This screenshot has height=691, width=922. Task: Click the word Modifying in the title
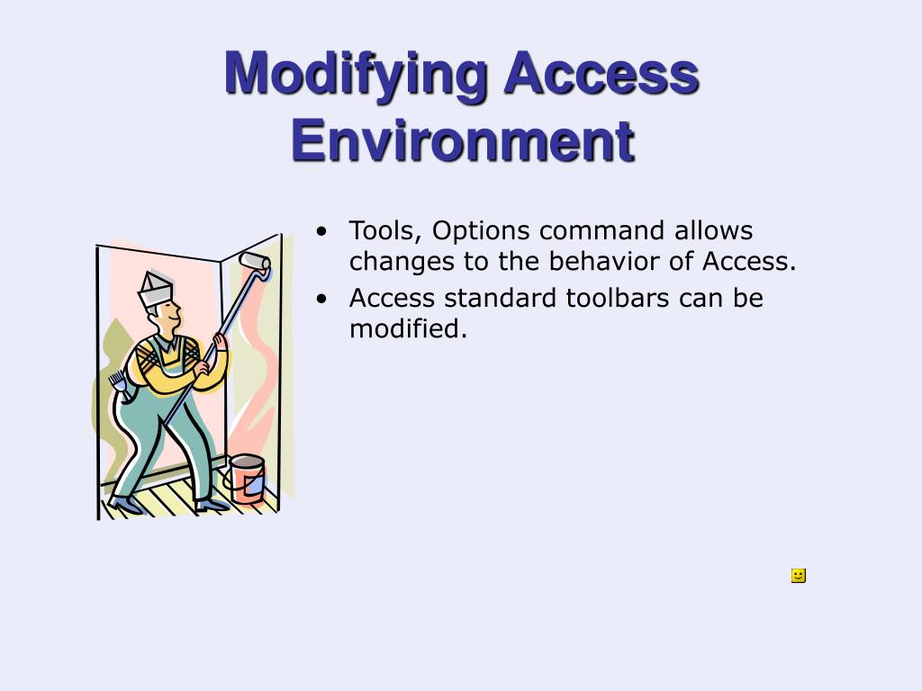[356, 75]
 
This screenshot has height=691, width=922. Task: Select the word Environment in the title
[463, 140]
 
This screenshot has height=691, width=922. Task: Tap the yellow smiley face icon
[798, 576]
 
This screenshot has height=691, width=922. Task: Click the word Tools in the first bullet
[384, 231]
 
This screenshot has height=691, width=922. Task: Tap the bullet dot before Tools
[321, 232]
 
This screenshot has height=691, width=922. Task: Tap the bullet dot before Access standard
[321, 299]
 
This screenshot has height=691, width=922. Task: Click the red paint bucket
[247, 478]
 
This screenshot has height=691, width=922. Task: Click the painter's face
[167, 313]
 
